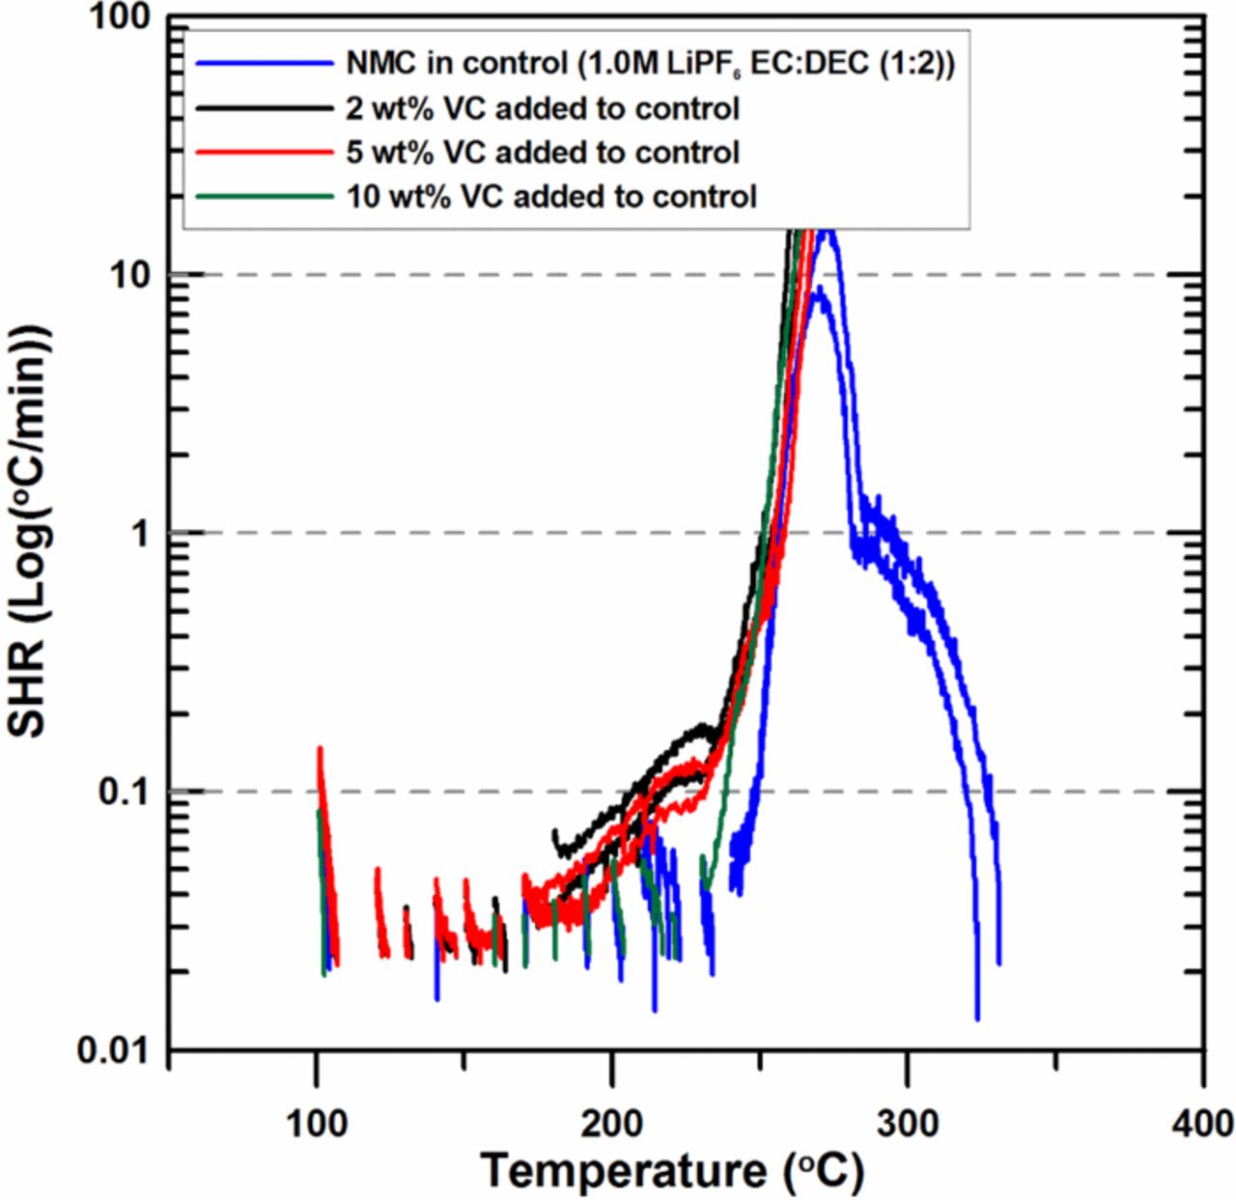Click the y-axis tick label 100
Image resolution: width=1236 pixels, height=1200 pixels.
120,17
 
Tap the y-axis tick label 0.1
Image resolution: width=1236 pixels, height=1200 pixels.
126,793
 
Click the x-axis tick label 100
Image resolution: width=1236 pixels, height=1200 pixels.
317,1123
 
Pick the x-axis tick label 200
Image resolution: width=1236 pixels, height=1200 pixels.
612,1123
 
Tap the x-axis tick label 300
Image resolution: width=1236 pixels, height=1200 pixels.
908,1123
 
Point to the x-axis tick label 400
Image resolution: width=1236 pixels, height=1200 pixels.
1202,1123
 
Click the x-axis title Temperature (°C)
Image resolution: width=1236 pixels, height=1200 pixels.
672,1170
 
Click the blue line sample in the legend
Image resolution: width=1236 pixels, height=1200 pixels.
264,64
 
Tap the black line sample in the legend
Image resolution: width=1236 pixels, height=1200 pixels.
264,108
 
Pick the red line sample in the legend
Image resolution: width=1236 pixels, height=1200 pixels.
264,153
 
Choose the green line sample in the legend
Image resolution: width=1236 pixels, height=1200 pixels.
264,197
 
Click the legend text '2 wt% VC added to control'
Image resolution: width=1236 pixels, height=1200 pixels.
543,108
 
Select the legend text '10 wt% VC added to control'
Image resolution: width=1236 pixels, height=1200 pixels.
551,197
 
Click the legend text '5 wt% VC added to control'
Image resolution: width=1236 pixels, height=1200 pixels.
543,153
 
